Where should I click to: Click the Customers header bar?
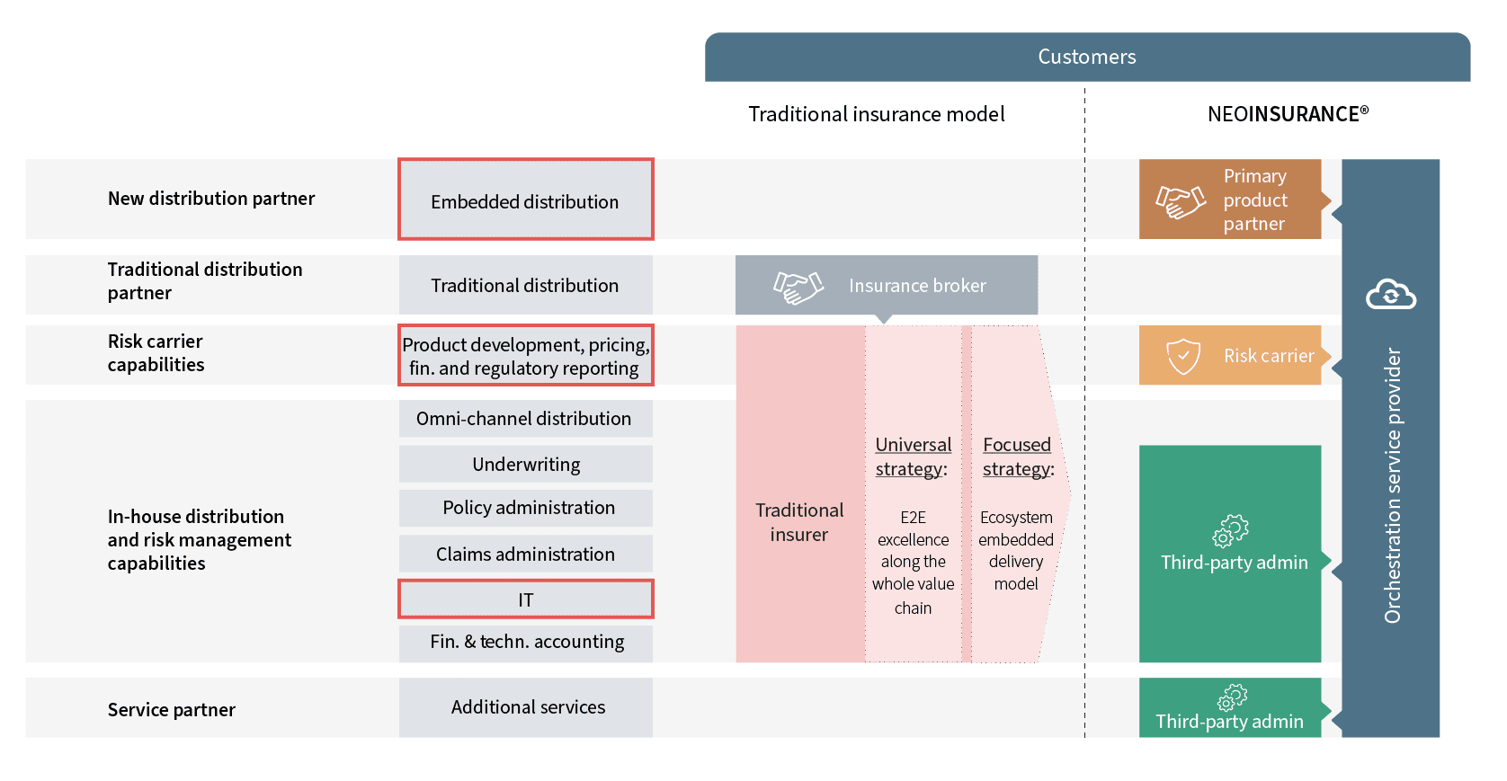click(1086, 57)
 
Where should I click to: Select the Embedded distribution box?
click(525, 200)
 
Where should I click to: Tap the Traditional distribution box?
click(525, 285)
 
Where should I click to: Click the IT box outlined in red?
click(525, 599)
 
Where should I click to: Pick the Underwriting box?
click(525, 465)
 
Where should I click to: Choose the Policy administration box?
click(525, 508)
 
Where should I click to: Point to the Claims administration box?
click(525, 554)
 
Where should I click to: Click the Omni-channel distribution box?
click(525, 419)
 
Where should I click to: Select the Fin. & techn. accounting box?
click(525, 642)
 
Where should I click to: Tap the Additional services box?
click(525, 707)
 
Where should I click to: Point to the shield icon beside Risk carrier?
click(1182, 356)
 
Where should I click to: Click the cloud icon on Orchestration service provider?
click(1390, 294)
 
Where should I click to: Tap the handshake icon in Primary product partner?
click(1180, 201)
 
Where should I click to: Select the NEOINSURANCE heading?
click(1287, 114)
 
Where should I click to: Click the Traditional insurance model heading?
click(876, 114)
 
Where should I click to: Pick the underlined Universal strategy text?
click(913, 457)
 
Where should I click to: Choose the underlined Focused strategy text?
click(1017, 457)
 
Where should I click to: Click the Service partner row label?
click(171, 710)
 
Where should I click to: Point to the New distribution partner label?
click(211, 199)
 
